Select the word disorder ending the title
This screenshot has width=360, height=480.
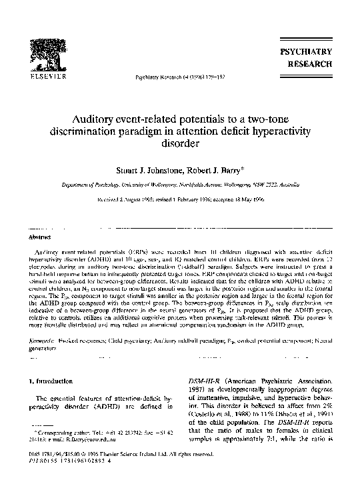tap(179, 143)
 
